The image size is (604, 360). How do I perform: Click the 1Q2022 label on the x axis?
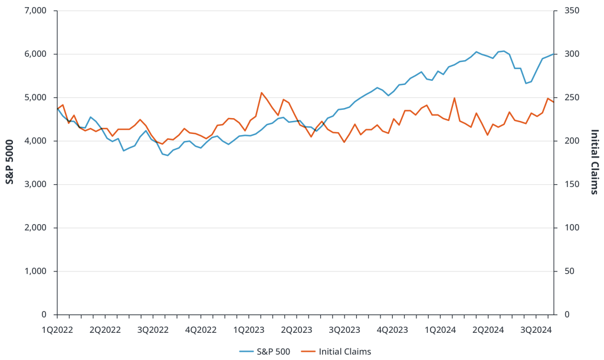pos(57,330)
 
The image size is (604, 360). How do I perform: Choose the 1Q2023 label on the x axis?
pos(248,330)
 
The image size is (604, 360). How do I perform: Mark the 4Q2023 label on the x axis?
pos(390,330)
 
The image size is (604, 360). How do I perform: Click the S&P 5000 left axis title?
pos(10,162)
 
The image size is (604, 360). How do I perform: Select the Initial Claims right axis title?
pos(594,162)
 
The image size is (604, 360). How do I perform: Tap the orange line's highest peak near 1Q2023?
pos(261,92)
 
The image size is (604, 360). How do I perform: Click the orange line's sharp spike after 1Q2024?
pos(454,98)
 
